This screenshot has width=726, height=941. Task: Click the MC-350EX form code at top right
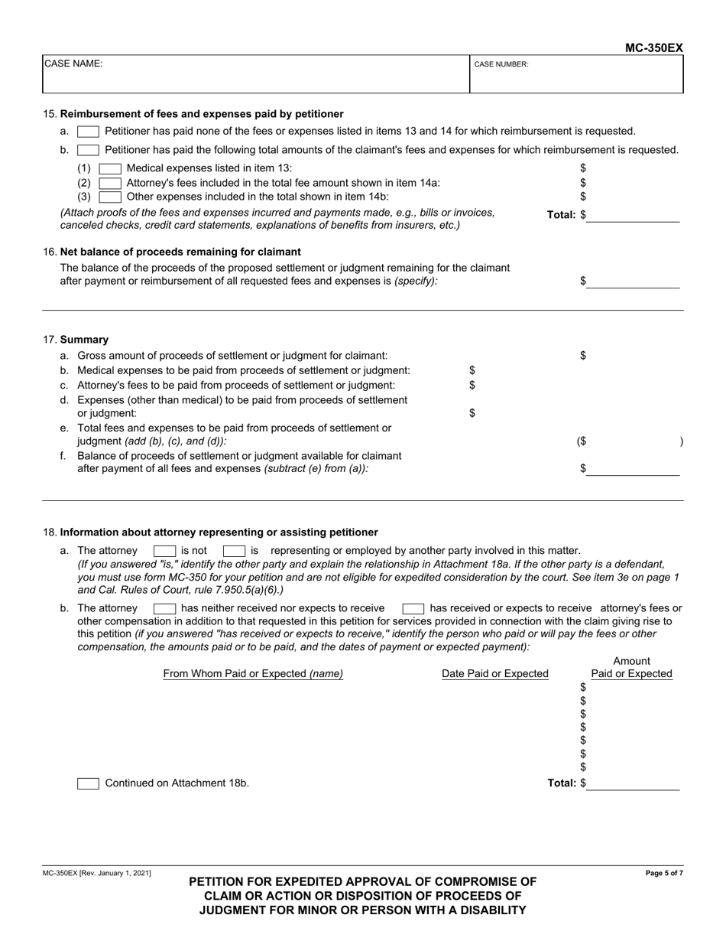point(653,48)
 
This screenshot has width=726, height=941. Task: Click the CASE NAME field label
point(73,64)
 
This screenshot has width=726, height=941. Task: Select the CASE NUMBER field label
point(501,65)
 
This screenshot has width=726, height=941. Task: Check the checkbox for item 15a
point(88,132)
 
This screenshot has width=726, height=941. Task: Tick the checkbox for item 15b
point(88,150)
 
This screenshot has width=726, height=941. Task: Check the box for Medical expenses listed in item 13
point(111,168)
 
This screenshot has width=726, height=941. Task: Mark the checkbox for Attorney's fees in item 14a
point(111,183)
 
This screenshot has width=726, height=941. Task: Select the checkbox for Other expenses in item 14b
point(111,197)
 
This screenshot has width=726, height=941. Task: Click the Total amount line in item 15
point(633,216)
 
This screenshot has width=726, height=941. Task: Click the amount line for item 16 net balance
point(633,282)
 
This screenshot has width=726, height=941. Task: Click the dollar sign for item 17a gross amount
point(583,356)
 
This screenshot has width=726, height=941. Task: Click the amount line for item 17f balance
point(633,469)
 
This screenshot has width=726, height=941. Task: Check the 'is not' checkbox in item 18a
point(165,551)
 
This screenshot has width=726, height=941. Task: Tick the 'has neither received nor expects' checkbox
point(165,609)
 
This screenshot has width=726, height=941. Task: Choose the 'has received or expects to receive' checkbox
point(413,609)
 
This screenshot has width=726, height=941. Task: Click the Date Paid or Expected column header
point(495,674)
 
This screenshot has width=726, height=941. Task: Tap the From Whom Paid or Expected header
point(253,674)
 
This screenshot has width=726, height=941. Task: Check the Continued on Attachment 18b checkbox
point(88,783)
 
